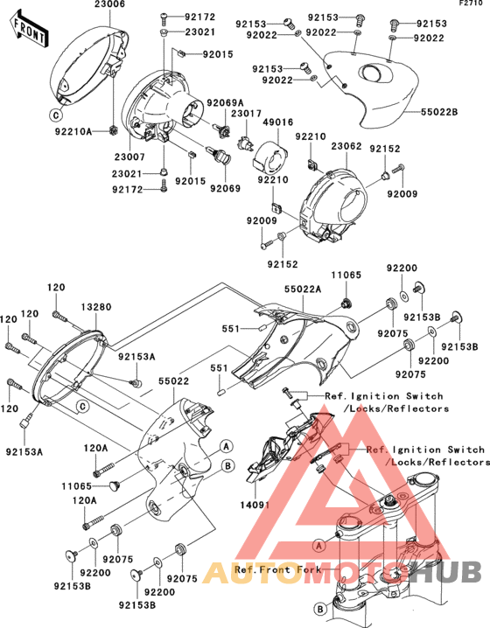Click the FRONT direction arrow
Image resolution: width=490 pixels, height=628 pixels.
coord(29,30)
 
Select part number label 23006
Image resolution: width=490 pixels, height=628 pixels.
coord(109,4)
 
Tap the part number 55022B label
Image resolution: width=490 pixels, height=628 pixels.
coord(439,112)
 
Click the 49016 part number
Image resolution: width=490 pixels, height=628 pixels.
coord(278,122)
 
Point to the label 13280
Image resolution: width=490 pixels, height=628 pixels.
coord(96,307)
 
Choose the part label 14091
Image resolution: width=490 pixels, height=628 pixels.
coord(255,505)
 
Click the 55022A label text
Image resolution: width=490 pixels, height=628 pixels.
coord(304,289)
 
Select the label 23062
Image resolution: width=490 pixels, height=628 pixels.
coord(346,146)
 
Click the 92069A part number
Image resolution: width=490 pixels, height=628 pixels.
coord(225,103)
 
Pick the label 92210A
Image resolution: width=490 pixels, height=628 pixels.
coord(73,131)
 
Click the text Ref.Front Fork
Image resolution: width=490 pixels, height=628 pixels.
coord(277,569)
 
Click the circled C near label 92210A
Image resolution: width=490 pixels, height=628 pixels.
coord(56,115)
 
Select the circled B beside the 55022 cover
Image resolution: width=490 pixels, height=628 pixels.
coord(227,466)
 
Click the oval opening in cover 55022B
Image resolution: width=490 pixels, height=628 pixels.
coord(374,73)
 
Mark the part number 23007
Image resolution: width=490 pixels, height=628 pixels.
coord(129,157)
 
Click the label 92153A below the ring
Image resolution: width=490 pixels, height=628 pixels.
coord(24,452)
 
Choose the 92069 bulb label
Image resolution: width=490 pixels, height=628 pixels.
coord(225,188)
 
